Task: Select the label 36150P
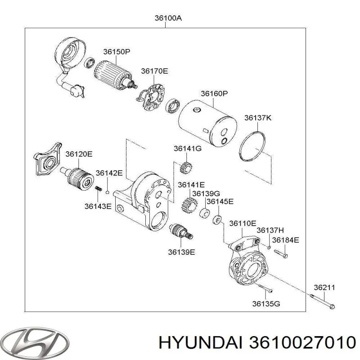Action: (x=117, y=52)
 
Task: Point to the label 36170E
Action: (x=154, y=71)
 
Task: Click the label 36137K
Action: (x=258, y=118)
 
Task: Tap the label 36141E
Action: (x=191, y=184)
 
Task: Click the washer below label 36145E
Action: (x=217, y=220)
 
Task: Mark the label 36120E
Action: (x=79, y=154)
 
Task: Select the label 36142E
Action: (x=109, y=173)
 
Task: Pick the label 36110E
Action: (x=243, y=223)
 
